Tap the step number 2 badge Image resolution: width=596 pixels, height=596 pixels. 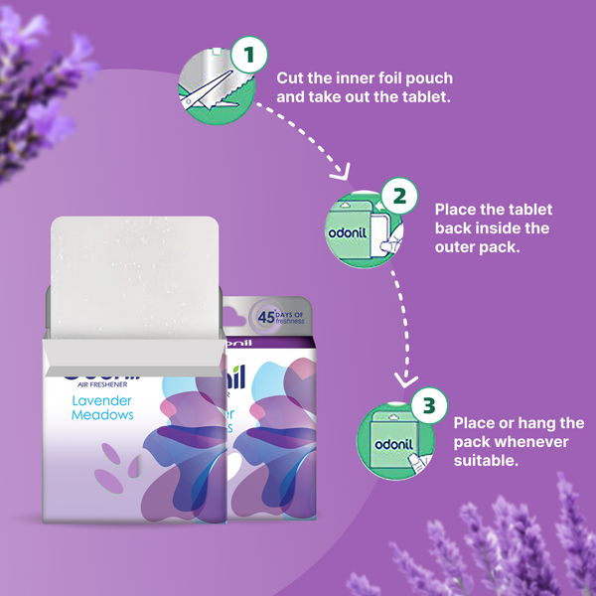398,196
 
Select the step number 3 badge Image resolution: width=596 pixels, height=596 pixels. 428,405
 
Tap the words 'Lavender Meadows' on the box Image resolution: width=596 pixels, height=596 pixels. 102,406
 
